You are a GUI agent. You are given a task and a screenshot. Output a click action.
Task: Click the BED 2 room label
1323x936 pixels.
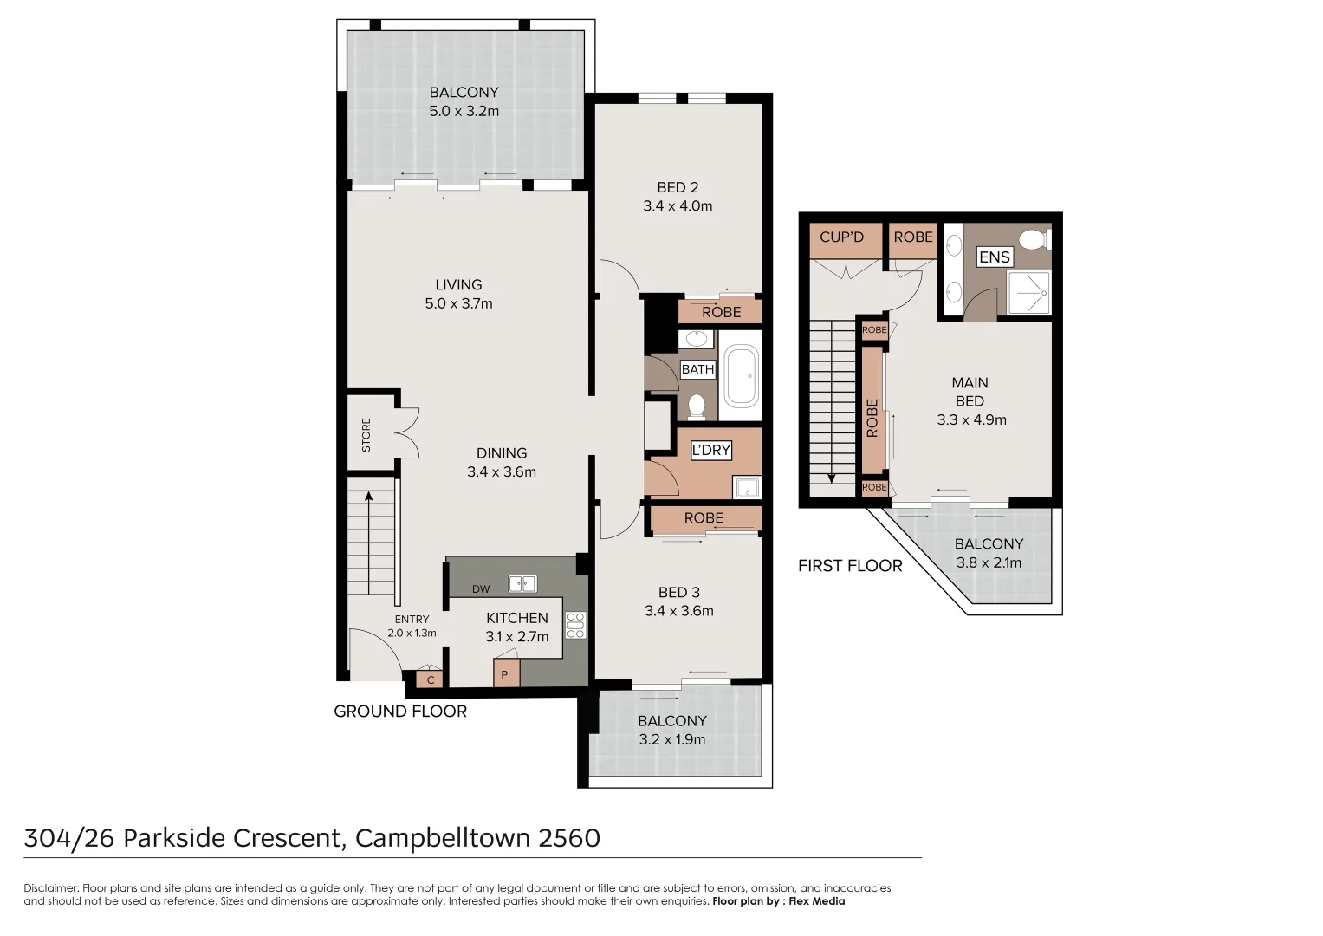(x=678, y=188)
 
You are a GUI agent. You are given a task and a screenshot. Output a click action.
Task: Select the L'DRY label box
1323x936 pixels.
(x=711, y=451)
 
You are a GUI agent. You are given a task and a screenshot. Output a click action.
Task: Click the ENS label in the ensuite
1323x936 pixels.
(x=995, y=257)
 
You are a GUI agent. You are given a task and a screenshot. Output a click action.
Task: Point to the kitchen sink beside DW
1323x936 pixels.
(x=522, y=584)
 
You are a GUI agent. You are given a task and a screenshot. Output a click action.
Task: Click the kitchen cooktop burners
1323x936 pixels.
(x=575, y=625)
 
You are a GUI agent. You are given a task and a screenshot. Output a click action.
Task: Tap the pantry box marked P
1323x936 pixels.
(x=506, y=673)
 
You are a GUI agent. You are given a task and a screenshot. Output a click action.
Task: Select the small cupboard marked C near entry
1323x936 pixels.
(x=430, y=679)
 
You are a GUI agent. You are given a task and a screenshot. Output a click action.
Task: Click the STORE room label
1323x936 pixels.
(x=366, y=435)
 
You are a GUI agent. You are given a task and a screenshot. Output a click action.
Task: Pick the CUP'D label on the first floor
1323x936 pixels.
(x=841, y=237)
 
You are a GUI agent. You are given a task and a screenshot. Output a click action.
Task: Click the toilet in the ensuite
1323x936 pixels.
(x=1034, y=241)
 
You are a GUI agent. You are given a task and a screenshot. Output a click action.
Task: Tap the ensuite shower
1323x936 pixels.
(x=1029, y=293)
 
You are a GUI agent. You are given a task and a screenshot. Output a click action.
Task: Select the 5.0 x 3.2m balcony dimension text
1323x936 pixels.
(x=464, y=111)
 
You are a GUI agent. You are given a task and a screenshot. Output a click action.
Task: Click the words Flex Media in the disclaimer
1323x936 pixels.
(x=817, y=901)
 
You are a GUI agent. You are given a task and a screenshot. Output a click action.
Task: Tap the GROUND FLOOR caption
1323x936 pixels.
(x=400, y=712)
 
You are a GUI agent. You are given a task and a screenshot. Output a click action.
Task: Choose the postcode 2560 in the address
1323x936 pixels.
(x=568, y=838)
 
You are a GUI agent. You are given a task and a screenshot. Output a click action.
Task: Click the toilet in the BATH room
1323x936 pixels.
(x=697, y=406)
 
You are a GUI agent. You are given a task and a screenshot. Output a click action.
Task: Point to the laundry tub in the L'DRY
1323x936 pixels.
(x=747, y=487)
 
